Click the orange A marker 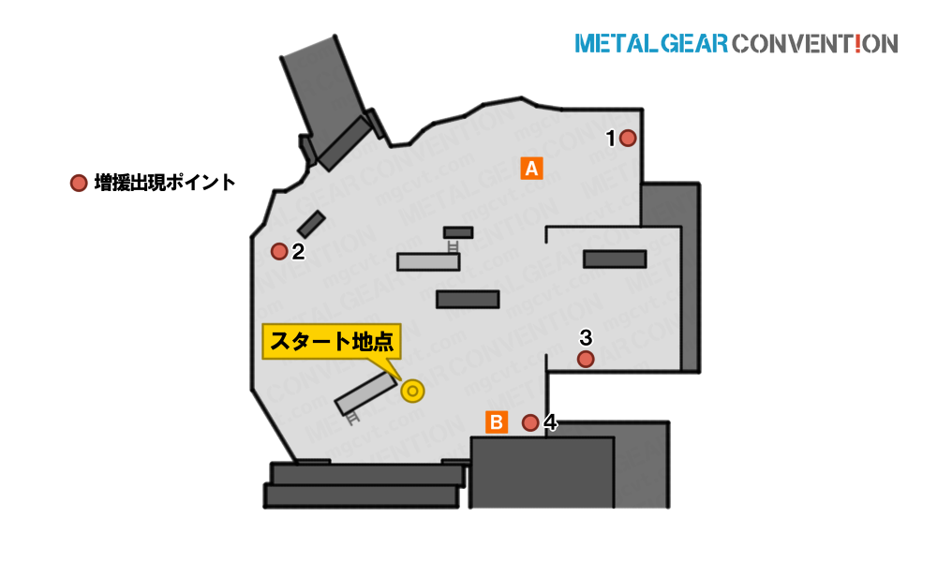click(x=531, y=169)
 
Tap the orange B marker click(x=496, y=422)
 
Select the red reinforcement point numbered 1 click(x=628, y=138)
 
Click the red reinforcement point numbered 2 click(x=279, y=251)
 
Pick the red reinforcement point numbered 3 click(x=586, y=359)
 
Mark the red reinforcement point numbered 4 click(x=530, y=422)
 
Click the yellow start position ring click(x=412, y=392)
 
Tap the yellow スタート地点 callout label click(x=332, y=342)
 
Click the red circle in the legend click(x=79, y=183)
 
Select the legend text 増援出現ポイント click(x=165, y=182)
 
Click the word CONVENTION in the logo click(x=814, y=44)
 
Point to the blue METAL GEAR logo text click(x=651, y=44)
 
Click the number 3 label click(x=586, y=337)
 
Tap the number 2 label click(x=298, y=251)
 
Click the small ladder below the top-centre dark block click(x=453, y=245)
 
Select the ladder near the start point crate click(x=353, y=417)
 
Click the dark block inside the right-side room click(x=615, y=259)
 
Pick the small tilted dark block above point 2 click(x=311, y=224)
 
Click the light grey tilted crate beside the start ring click(x=365, y=393)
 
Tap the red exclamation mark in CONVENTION click(x=858, y=44)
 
